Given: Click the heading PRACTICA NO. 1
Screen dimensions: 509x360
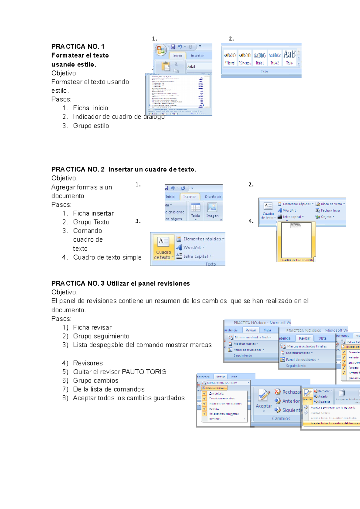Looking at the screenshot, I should pos(78,46).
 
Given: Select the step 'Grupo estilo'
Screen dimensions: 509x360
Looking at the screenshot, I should pos(91,126).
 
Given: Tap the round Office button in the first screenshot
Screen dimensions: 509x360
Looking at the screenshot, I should pos(160,50).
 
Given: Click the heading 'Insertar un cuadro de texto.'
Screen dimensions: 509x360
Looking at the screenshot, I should pos(152,169).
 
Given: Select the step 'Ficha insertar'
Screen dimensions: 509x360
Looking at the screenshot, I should pos(93,213).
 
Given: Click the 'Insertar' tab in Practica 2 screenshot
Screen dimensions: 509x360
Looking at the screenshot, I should pos(189,197).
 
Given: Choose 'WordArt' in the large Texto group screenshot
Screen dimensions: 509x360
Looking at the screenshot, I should pos(192,248).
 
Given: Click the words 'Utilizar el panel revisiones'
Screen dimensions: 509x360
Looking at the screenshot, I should pos(148,284).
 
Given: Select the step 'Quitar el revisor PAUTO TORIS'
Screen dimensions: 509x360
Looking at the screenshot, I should pos(119,372).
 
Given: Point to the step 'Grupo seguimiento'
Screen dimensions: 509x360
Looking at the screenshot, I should pos(101,336).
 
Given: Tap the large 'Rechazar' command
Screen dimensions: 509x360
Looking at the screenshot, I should pos(288,392).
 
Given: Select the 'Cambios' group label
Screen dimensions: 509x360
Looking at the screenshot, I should pos(281,418).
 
